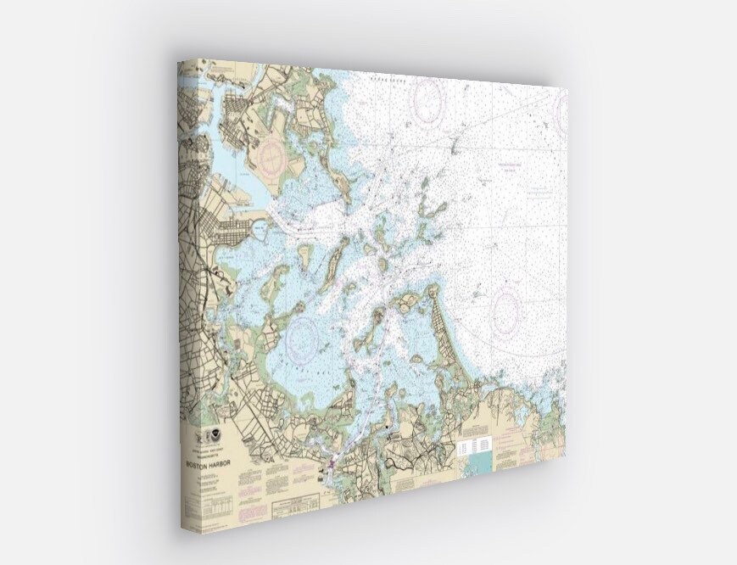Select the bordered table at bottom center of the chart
(293, 509)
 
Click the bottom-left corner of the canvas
(181, 529)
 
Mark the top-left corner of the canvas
(178, 60)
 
